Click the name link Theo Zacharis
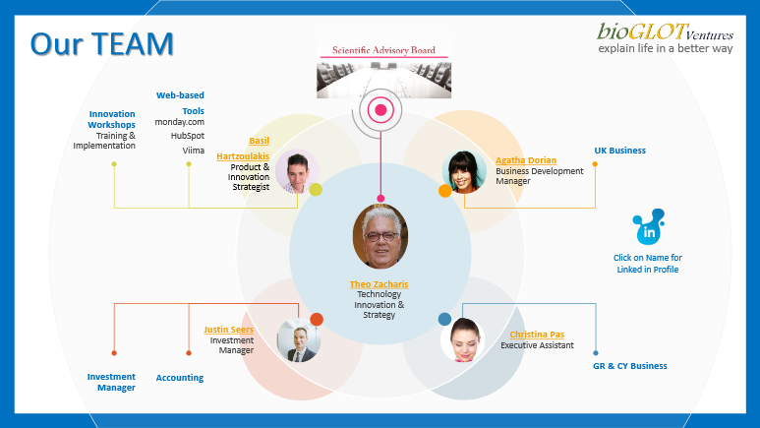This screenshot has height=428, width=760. (380, 284)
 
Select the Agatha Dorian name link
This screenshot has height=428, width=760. (526, 160)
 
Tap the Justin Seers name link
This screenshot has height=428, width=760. (228, 330)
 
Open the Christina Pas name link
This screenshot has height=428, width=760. (537, 335)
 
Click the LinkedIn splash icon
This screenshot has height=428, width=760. (649, 227)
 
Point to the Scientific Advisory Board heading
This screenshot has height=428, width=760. (383, 50)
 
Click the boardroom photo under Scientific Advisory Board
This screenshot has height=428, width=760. (383, 79)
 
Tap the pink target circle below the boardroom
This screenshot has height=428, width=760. (380, 110)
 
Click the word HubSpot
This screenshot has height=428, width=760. (187, 136)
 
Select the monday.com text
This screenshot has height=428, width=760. (179, 122)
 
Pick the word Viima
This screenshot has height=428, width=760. (194, 151)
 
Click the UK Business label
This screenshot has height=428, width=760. (620, 151)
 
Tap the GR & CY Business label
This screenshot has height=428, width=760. (629, 366)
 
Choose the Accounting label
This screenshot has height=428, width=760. (179, 378)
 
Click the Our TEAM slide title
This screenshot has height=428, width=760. (102, 43)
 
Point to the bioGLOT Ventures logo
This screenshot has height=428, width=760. (665, 37)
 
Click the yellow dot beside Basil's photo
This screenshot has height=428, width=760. (316, 189)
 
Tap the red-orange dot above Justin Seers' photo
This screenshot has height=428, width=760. (317, 320)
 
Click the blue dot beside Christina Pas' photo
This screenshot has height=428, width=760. (444, 319)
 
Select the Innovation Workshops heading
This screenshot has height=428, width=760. (111, 119)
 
